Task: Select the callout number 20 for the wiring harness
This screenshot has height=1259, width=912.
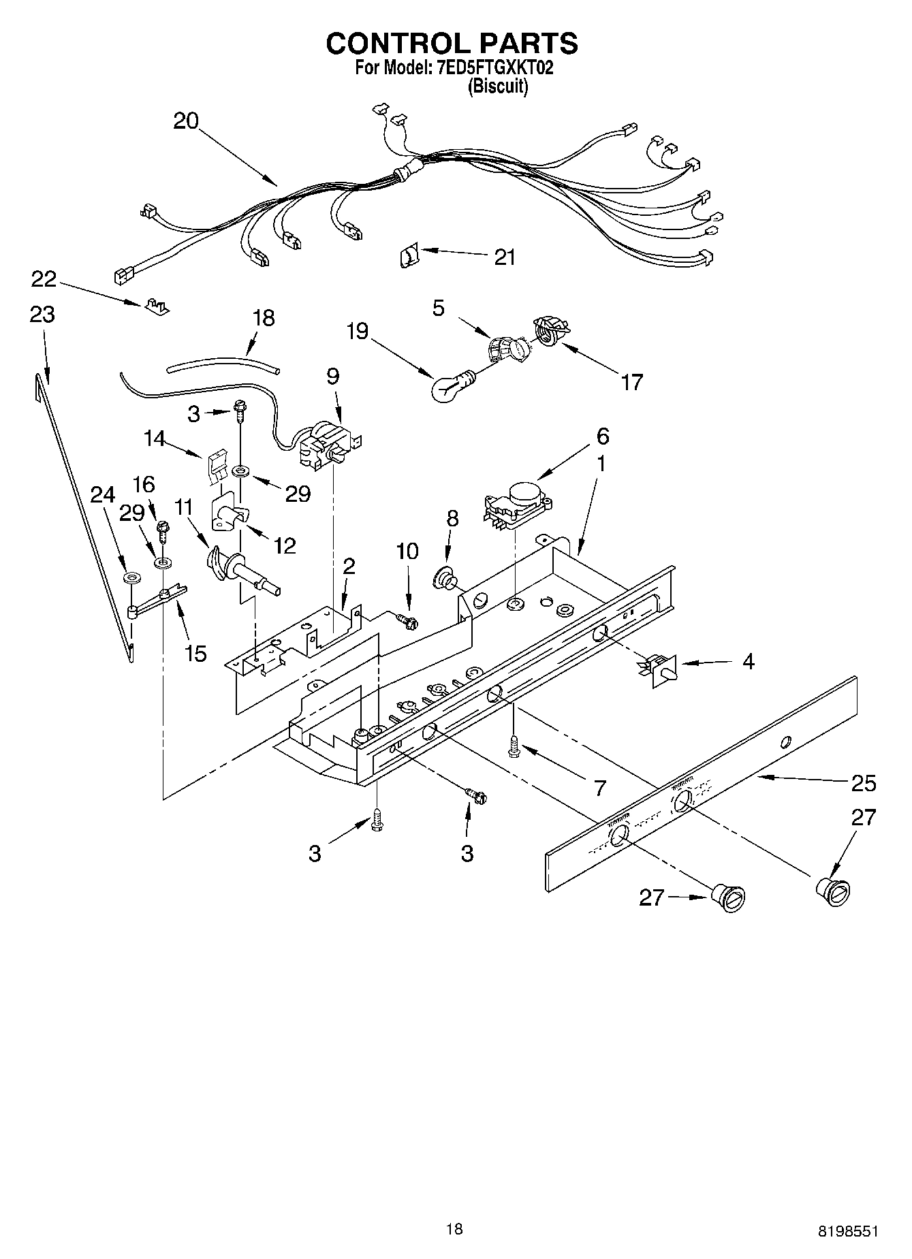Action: pyautogui.click(x=185, y=121)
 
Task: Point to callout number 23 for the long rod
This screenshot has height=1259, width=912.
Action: pyautogui.click(x=42, y=315)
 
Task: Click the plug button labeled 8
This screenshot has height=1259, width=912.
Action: pyautogui.click(x=446, y=579)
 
